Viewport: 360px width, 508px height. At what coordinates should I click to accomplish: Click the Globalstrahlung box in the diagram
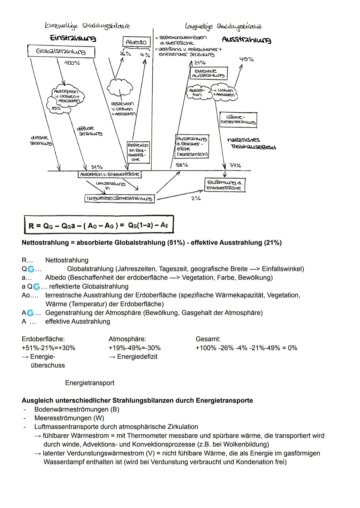(61, 52)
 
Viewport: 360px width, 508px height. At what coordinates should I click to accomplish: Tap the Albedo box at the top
(137, 42)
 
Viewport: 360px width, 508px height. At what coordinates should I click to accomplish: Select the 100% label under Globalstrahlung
(72, 63)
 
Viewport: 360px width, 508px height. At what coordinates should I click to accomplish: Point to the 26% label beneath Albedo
(125, 54)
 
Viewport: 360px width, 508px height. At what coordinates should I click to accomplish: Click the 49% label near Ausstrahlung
(247, 59)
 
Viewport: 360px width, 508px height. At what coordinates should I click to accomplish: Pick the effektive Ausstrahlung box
(209, 73)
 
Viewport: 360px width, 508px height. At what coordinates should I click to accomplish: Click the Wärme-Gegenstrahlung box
(238, 120)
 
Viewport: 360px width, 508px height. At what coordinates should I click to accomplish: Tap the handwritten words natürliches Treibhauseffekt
(251, 143)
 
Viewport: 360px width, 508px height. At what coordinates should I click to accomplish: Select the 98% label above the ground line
(182, 165)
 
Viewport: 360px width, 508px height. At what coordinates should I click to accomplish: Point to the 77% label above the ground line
(235, 165)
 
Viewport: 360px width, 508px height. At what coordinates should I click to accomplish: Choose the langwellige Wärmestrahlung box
(120, 199)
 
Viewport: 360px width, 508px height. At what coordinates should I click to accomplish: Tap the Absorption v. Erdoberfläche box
(110, 174)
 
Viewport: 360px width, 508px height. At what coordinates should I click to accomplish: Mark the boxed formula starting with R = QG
(99, 225)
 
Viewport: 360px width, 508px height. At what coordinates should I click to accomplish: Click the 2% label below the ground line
(196, 199)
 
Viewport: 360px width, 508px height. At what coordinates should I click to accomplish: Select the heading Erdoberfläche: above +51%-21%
(43, 339)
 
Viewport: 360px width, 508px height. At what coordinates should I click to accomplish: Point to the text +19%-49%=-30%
(135, 348)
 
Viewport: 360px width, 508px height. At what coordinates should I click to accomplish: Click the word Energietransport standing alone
(90, 383)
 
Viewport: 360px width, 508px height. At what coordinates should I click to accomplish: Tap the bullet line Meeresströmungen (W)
(69, 418)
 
